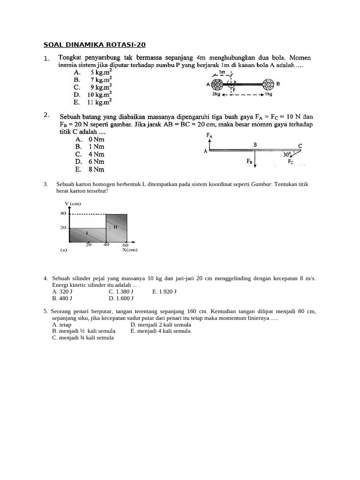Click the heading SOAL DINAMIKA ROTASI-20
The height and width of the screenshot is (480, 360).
click(x=95, y=45)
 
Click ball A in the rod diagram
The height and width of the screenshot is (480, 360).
click(x=217, y=85)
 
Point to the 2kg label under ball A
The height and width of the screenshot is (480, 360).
click(x=217, y=94)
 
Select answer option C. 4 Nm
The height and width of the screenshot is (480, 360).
click(x=90, y=154)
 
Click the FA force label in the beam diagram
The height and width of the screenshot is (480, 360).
click(x=210, y=135)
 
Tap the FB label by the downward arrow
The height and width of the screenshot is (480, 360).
click(x=249, y=161)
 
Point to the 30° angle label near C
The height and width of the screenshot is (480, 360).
click(x=287, y=153)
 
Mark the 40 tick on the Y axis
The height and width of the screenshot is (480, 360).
click(x=64, y=213)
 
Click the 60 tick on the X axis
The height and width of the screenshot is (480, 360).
click(x=125, y=245)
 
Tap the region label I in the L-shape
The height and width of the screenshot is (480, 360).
click(x=87, y=232)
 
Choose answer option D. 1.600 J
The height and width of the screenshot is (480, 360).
click(x=121, y=298)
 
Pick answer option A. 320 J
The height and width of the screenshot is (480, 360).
click(x=62, y=291)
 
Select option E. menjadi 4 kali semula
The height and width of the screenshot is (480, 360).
click(x=161, y=330)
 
